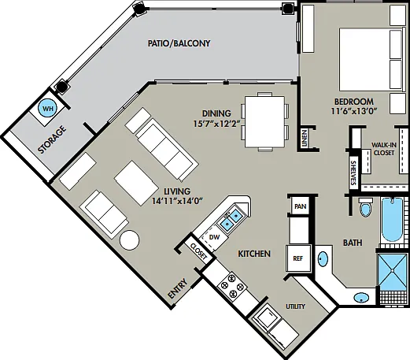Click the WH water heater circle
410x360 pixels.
tap(47, 108)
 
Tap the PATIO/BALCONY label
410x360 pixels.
tap(179, 43)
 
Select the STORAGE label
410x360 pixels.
tap(52, 139)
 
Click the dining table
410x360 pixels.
tap(264, 121)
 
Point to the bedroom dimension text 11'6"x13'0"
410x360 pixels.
tap(354, 111)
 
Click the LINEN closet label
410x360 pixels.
tap(304, 139)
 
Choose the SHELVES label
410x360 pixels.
tap(353, 173)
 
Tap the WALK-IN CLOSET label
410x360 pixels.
tap(384, 149)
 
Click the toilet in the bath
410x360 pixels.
tap(366, 206)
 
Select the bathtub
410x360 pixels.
tap(392, 220)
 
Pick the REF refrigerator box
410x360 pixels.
tap(298, 258)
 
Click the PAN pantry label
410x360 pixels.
tap(301, 206)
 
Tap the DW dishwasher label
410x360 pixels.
tap(214, 237)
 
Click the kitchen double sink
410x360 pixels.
tap(231, 219)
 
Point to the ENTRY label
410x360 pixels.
tap(178, 288)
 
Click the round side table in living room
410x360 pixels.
tap(129, 239)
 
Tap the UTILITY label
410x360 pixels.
tap(295, 306)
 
